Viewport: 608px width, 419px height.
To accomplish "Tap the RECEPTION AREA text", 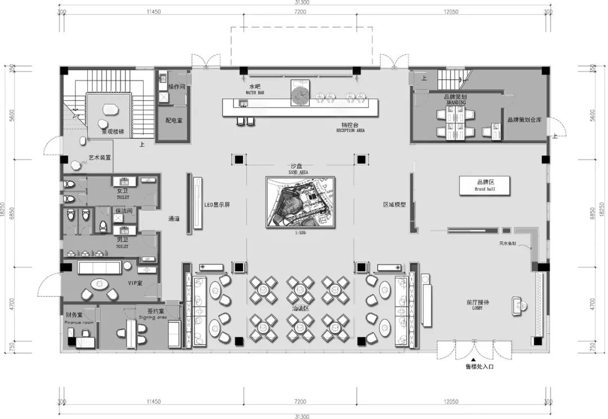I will point(351,130).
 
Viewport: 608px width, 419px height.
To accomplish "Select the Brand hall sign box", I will point(484,186).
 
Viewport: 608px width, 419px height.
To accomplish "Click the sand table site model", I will point(300,202).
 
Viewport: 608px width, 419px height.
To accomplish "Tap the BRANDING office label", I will point(455,103).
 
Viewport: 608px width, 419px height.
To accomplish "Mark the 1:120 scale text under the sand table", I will point(299,232).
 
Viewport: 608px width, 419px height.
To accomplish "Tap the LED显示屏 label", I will point(217,205).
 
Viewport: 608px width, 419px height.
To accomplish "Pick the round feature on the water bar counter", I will point(299,94).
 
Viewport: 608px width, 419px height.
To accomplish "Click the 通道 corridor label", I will point(174,219).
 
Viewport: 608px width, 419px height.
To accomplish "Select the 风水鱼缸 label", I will point(507,244).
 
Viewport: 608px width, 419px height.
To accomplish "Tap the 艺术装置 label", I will point(100,158).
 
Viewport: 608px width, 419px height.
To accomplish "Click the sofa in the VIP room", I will point(99,267).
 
